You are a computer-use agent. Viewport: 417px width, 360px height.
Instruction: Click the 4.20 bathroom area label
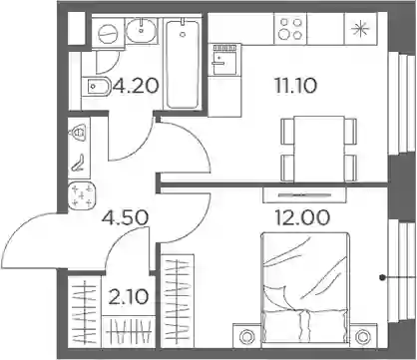(135, 86)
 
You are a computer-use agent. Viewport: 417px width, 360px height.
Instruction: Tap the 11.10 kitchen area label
(295, 86)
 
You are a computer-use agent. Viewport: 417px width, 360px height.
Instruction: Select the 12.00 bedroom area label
(302, 217)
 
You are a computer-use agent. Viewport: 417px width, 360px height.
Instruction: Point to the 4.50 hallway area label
(125, 217)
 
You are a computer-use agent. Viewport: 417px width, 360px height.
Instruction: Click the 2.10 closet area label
(129, 297)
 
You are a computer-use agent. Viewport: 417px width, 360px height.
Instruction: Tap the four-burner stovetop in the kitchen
(290, 29)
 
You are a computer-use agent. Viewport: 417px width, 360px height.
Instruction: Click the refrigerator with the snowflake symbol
(360, 29)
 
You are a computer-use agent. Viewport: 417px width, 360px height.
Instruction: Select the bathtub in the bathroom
(183, 64)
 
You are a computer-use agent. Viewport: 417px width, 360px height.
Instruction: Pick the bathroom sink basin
(142, 29)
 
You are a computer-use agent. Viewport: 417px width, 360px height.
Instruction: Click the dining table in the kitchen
(319, 149)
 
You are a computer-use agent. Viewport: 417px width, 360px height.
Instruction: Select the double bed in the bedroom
(305, 287)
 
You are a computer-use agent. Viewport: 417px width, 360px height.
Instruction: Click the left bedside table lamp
(247, 337)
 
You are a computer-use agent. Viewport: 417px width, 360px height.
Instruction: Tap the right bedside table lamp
(361, 337)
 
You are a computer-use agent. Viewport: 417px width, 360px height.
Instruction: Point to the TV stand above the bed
(304, 194)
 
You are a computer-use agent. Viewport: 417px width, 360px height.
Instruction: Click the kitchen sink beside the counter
(224, 59)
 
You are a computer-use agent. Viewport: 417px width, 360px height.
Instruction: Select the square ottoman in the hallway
(82, 195)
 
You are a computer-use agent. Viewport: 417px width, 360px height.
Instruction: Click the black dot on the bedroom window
(383, 276)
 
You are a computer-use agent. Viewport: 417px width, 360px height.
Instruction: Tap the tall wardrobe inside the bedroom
(178, 301)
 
